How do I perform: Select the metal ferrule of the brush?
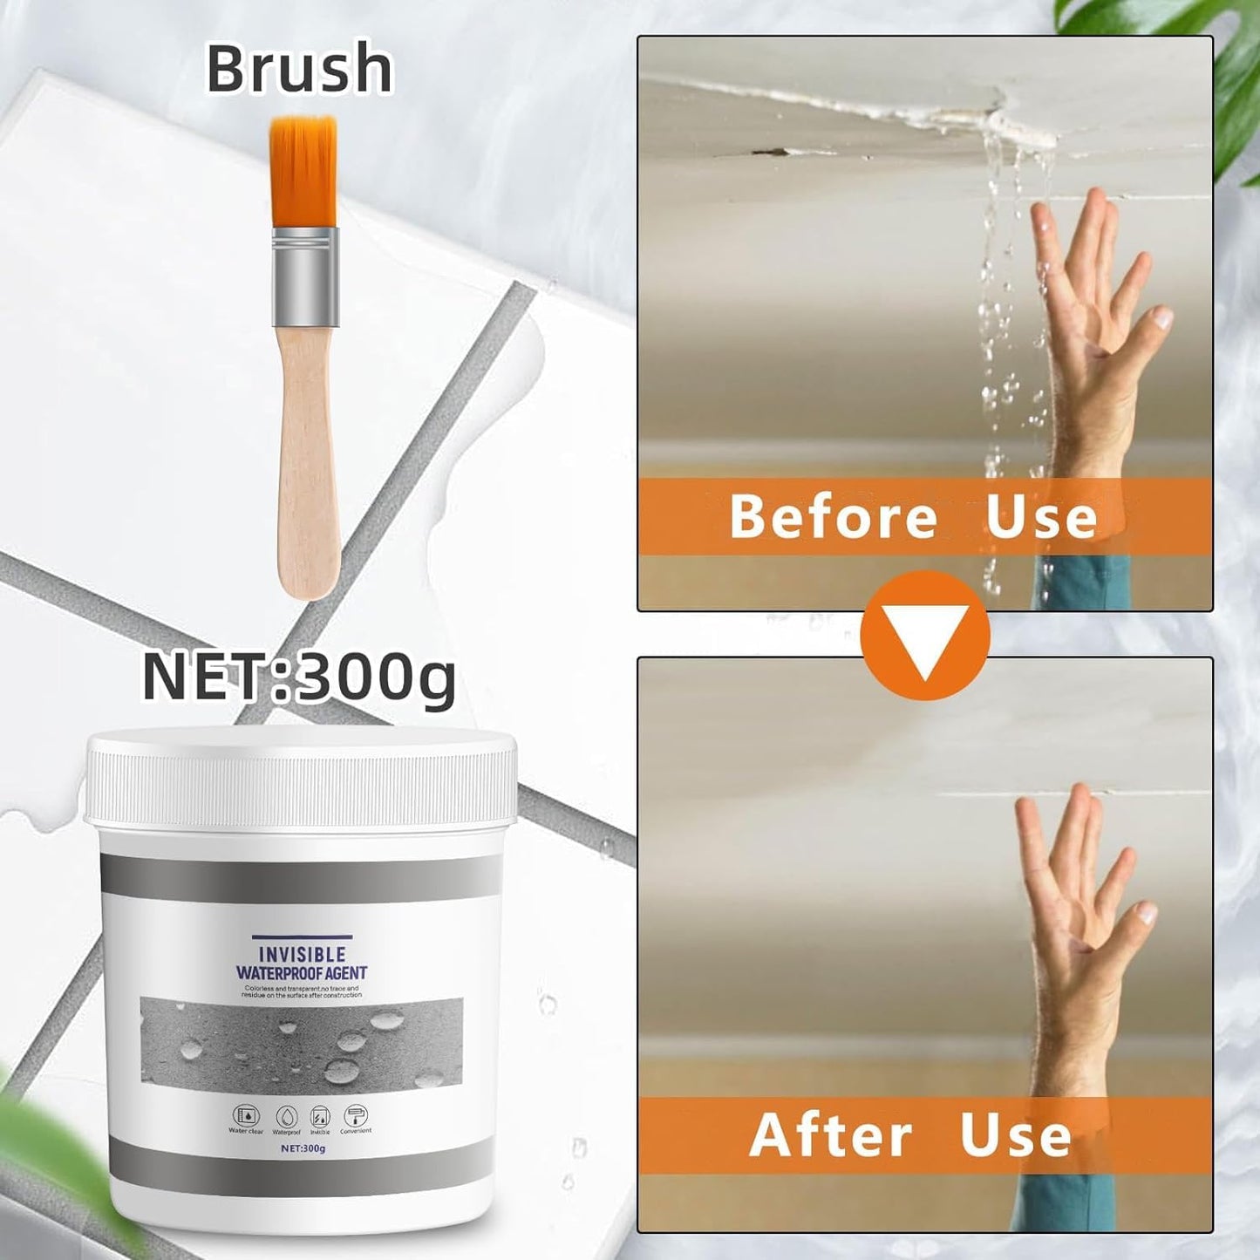point(304,275)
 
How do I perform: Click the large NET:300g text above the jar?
point(299,677)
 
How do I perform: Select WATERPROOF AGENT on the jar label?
point(302,972)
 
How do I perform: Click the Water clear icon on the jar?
point(246,1117)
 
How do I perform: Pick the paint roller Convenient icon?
point(356,1117)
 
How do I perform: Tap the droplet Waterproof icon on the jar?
point(286,1117)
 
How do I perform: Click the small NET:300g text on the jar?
point(303,1148)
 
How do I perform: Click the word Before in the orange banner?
point(833,517)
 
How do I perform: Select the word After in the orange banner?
point(830,1134)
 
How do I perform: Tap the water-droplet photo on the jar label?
point(301,1042)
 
